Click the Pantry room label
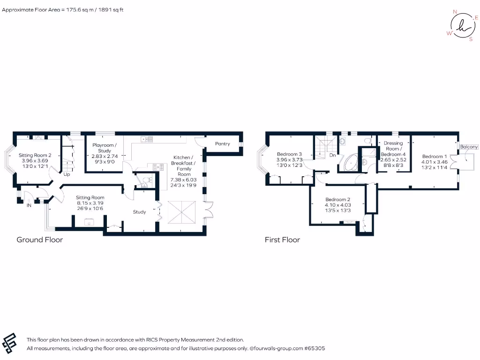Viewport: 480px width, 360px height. click(x=222, y=143)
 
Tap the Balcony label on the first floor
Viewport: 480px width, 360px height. click(x=469, y=147)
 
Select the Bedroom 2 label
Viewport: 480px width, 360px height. click(x=337, y=200)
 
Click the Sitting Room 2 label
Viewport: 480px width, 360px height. click(x=35, y=155)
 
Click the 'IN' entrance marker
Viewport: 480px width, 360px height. click(x=29, y=205)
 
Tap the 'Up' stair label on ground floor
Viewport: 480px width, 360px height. click(x=67, y=174)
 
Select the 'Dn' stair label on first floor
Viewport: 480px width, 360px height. click(x=332, y=155)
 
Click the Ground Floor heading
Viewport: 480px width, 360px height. click(x=39, y=240)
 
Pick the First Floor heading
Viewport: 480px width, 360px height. click(x=282, y=240)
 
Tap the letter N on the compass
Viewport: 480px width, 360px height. click(x=454, y=12)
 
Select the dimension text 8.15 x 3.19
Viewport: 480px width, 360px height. click(x=90, y=203)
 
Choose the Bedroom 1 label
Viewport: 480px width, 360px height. click(x=435, y=157)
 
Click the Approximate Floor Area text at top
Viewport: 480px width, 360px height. click(x=63, y=9)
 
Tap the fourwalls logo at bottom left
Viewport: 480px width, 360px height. click(x=10, y=344)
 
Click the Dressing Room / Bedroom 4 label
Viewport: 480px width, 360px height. click(x=393, y=149)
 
